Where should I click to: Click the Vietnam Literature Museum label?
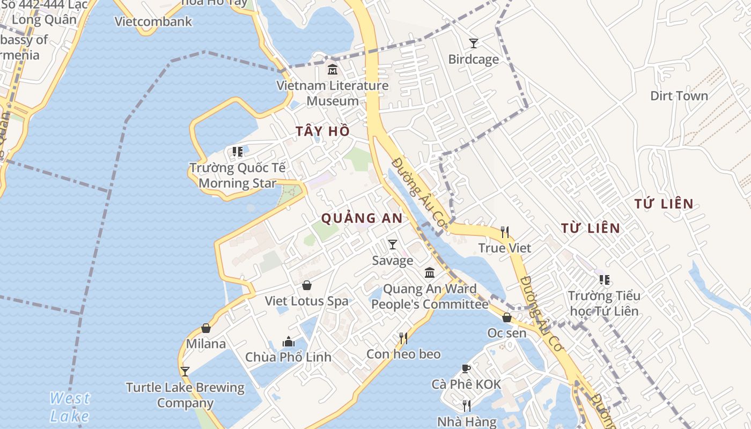pos(333,93)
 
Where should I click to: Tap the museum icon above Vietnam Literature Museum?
pos(333,69)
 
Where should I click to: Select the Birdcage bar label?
pos(473,59)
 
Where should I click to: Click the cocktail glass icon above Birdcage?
pos(473,43)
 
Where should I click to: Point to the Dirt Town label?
pos(679,96)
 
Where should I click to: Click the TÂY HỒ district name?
pos(322,131)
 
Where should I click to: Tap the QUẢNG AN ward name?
pos(362,218)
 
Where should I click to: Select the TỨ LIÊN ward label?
pos(664,204)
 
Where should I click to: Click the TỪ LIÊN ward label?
pos(590,228)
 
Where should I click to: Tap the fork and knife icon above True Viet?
pos(505,232)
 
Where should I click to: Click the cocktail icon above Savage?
pos(393,245)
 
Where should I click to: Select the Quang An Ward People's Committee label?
pos(430,297)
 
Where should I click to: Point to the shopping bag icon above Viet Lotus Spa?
pos(307,285)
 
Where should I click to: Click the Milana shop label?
pos(206,344)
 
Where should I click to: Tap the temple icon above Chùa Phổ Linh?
pos(289,342)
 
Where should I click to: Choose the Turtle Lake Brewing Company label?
pos(185,395)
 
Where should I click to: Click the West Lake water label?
pos(70,407)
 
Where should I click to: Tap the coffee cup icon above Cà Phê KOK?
pos(466,368)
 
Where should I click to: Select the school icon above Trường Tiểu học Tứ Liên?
pos(605,279)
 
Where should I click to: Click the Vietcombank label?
pos(153,21)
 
